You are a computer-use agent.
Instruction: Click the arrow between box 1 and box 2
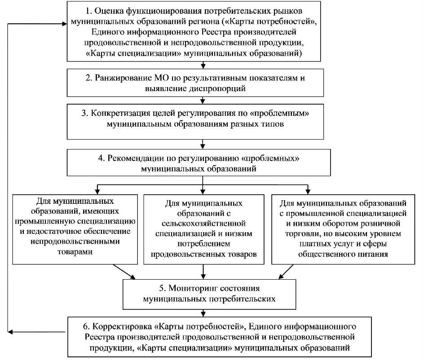pos(203,65)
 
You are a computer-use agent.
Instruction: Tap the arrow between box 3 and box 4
pos(203,144)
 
